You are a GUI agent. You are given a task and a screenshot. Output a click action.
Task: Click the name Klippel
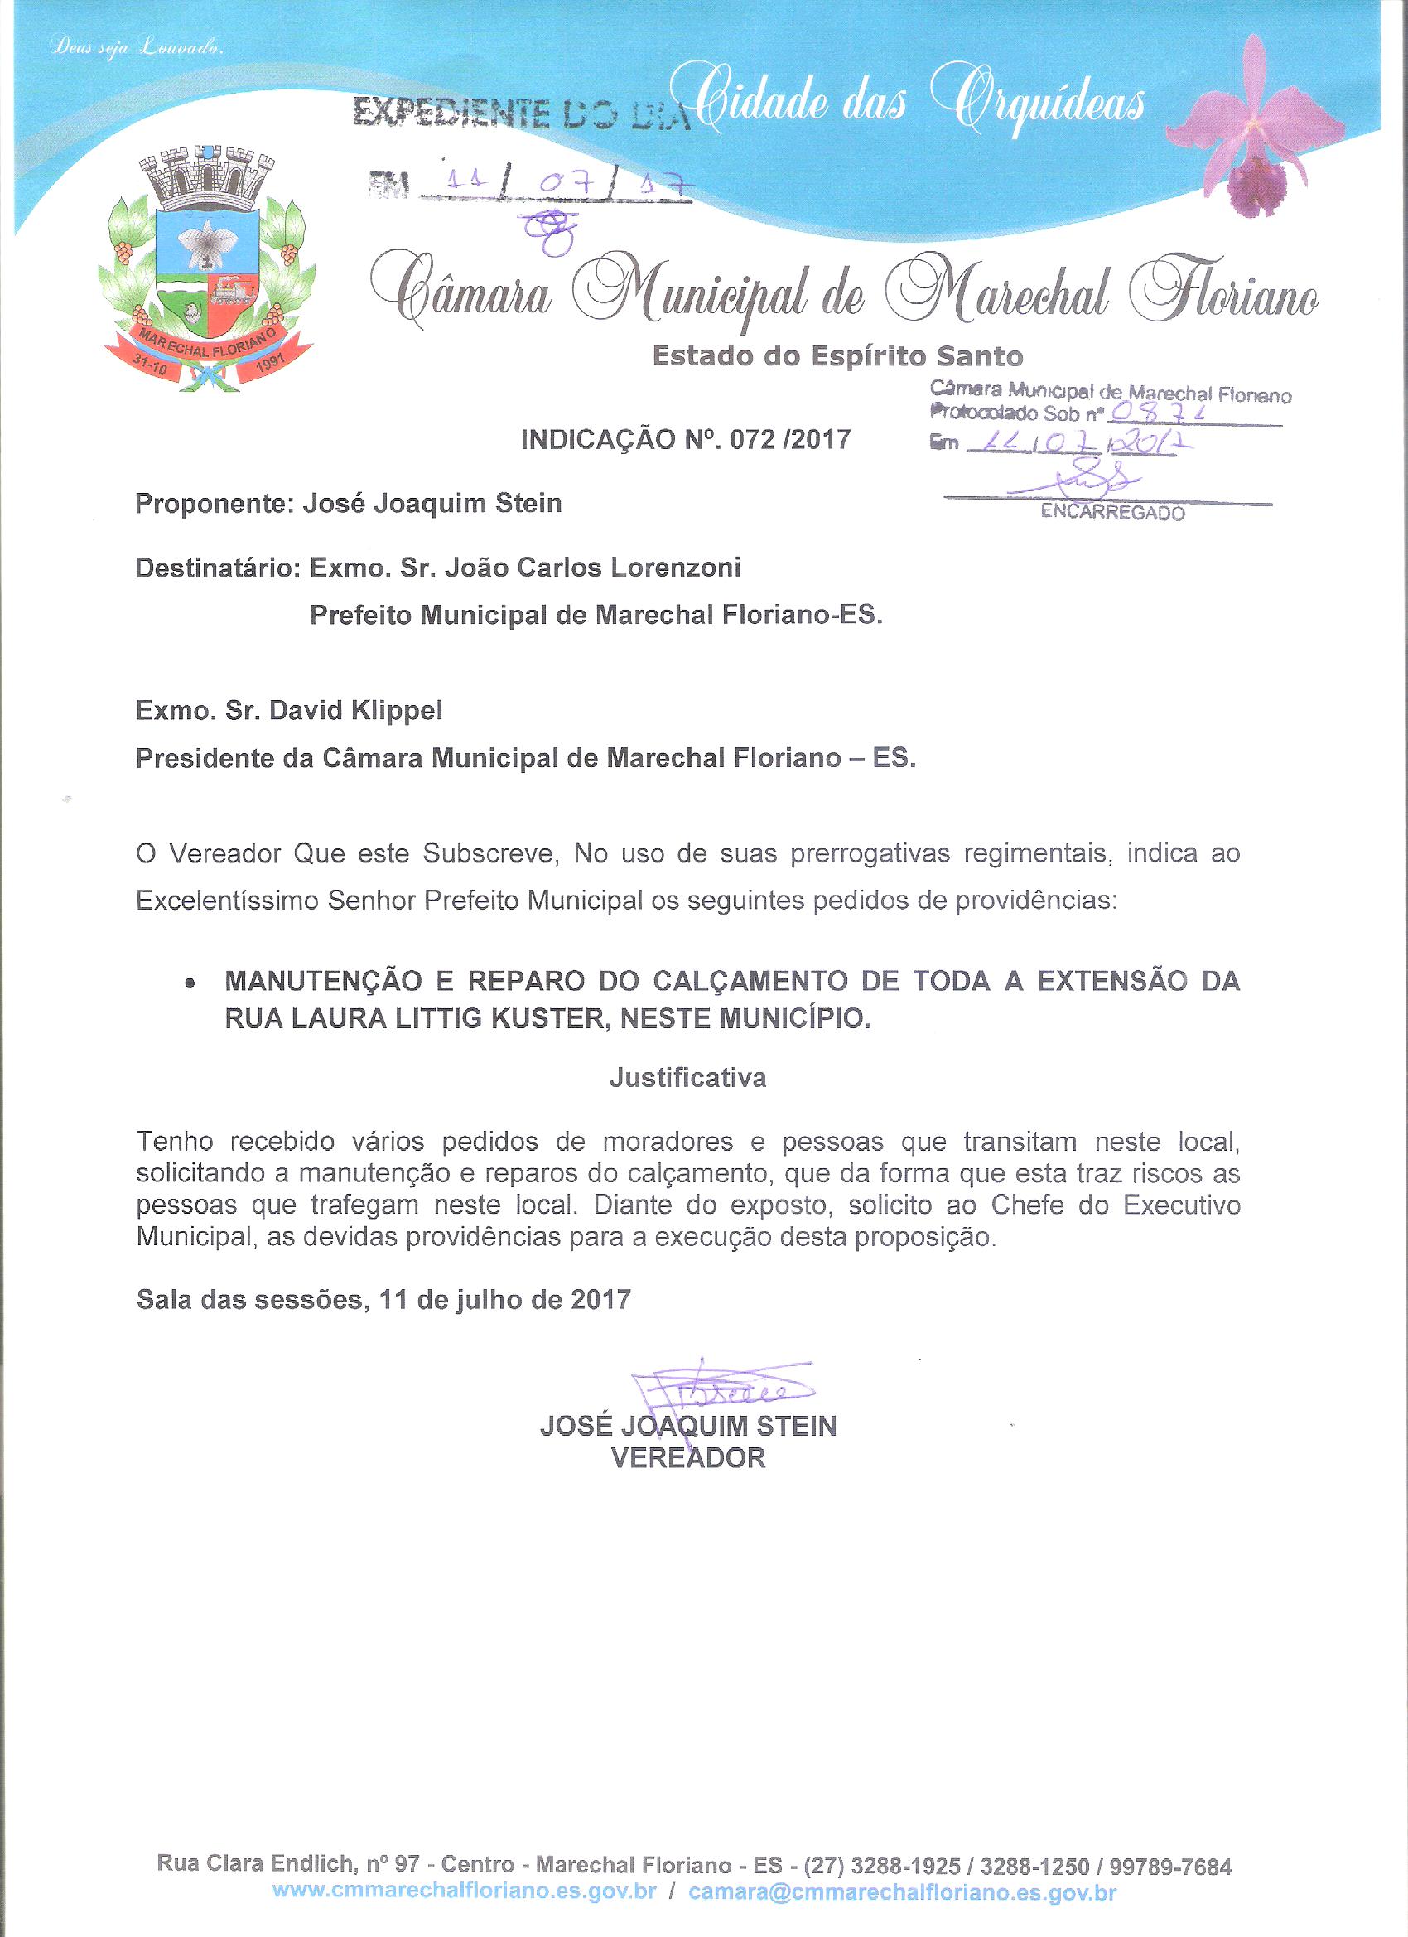(398, 711)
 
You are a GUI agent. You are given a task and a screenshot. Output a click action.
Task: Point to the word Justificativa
(687, 1079)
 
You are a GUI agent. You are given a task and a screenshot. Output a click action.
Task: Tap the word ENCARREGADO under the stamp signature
(1111, 513)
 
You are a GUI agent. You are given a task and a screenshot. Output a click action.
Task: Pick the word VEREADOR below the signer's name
(688, 1458)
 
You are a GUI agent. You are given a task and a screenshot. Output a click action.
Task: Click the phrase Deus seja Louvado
(137, 49)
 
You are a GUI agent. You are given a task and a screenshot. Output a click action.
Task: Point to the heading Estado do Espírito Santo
(837, 355)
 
